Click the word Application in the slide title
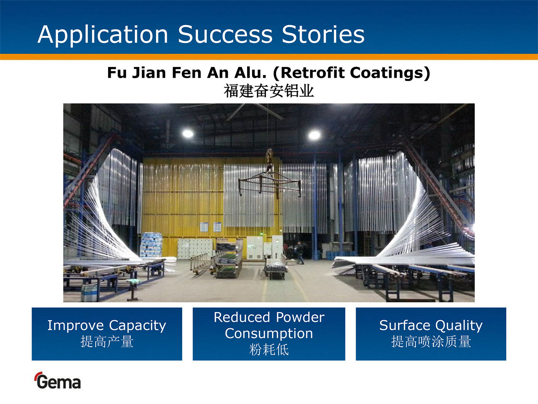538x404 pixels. pyautogui.click(x=103, y=35)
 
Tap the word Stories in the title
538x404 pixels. pyautogui.click(x=323, y=34)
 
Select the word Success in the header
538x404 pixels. pyautogui.click(x=225, y=34)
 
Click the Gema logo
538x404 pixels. pyautogui.click(x=58, y=381)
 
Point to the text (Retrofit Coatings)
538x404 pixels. pyautogui.click(x=351, y=73)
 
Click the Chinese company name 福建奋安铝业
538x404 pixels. pyautogui.click(x=269, y=91)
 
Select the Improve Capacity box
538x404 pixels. pyautogui.click(x=107, y=334)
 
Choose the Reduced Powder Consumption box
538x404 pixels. pyautogui.click(x=269, y=334)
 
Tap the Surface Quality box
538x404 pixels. pyautogui.click(x=431, y=334)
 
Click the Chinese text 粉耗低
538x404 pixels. pyautogui.click(x=269, y=349)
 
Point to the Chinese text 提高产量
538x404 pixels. pyautogui.click(x=107, y=341)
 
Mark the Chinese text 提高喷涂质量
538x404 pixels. pyautogui.click(x=431, y=341)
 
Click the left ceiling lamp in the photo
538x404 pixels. pyautogui.click(x=188, y=134)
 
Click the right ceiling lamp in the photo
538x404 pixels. pyautogui.click(x=314, y=135)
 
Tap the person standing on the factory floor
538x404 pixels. pyautogui.click(x=299, y=253)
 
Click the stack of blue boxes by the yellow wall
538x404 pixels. pyautogui.click(x=151, y=244)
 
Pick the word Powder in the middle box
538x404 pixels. pyautogui.click(x=300, y=317)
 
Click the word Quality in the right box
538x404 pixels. pyautogui.click(x=459, y=326)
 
